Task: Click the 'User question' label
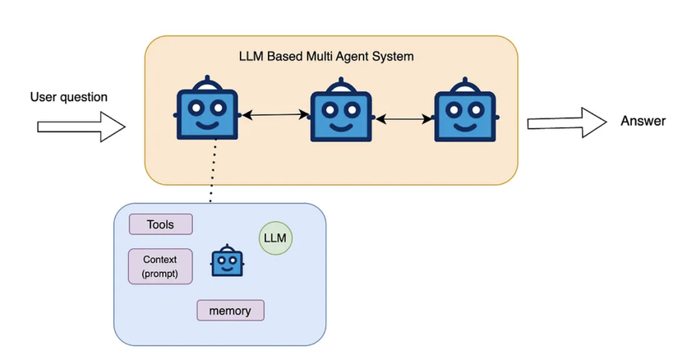tap(68, 97)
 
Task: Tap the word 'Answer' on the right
tap(643, 122)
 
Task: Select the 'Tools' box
tap(161, 224)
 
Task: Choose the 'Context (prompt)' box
tap(160, 266)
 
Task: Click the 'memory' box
tap(230, 310)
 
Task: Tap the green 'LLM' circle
tap(275, 238)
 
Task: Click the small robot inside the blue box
tap(228, 261)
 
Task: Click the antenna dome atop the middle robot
tap(339, 84)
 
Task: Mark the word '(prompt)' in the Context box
tap(160, 273)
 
